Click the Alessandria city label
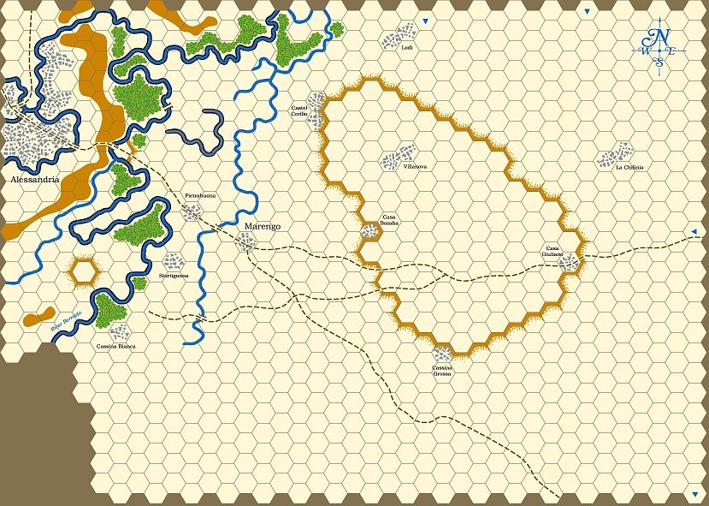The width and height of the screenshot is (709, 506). (35, 180)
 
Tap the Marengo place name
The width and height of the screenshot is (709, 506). (262, 226)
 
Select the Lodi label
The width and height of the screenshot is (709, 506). (407, 48)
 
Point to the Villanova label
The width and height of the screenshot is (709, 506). (415, 166)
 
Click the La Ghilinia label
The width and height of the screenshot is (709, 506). (629, 167)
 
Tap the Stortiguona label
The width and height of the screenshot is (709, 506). (174, 276)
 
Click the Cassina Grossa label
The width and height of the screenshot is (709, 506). (442, 371)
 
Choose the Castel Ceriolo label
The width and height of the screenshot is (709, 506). (299, 110)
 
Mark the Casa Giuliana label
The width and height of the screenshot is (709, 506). (552, 251)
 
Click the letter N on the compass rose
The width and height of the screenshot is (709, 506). (660, 36)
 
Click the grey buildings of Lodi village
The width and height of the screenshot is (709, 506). (395, 39)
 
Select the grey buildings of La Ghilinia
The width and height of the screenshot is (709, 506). (612, 157)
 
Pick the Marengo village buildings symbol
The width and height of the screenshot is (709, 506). (246, 242)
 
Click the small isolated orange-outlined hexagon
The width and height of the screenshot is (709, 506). (84, 271)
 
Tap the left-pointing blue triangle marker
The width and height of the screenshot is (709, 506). (694, 232)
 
